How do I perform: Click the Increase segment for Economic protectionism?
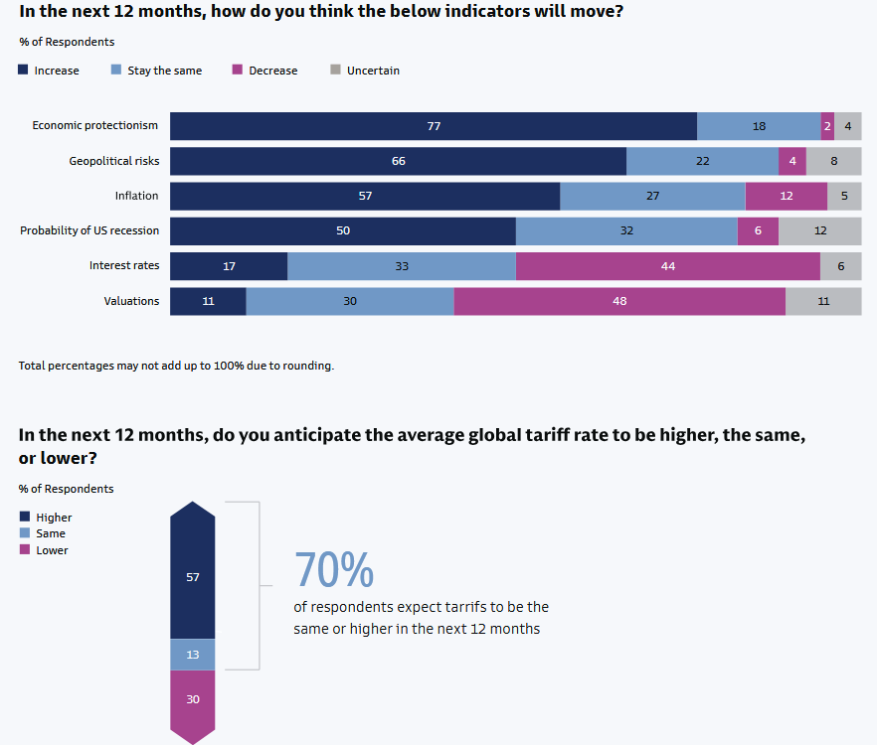pos(434,126)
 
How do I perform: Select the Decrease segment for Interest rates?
pos(668,266)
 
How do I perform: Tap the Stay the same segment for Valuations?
pos(350,301)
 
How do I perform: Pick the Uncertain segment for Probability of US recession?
pos(819,230)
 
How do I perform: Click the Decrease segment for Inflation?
pos(786,196)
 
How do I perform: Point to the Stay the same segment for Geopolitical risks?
pos(702,161)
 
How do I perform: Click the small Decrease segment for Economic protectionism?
pos(827,126)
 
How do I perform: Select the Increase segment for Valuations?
pos(208,301)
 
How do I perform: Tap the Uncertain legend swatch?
pos(335,70)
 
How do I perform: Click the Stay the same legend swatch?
pos(116,70)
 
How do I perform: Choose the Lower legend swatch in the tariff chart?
pos(25,549)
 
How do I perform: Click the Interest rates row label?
pos(123,265)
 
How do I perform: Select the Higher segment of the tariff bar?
pos(193,576)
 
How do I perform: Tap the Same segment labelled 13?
pos(193,655)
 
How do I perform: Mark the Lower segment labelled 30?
pos(193,699)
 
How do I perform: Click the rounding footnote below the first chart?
pos(176,366)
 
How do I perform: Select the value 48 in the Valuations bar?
pos(619,301)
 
